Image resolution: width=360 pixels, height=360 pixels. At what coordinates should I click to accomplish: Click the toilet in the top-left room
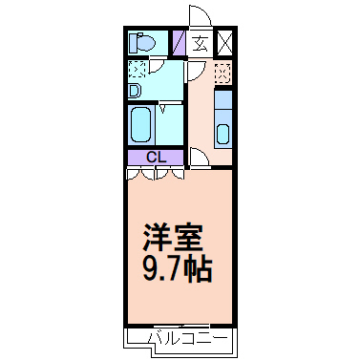pos(141,43)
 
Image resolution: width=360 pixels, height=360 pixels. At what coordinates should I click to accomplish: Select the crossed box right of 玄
pos(224,43)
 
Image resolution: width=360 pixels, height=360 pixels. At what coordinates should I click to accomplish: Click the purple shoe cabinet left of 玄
pos(179,43)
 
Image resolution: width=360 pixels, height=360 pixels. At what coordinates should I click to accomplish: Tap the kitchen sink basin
pos(222,133)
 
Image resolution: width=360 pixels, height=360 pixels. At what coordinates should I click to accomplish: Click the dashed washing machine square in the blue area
pos(138,70)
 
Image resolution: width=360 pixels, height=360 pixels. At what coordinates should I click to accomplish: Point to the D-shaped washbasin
pos(136,92)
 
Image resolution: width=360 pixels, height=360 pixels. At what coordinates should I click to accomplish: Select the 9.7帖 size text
pos(179,265)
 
